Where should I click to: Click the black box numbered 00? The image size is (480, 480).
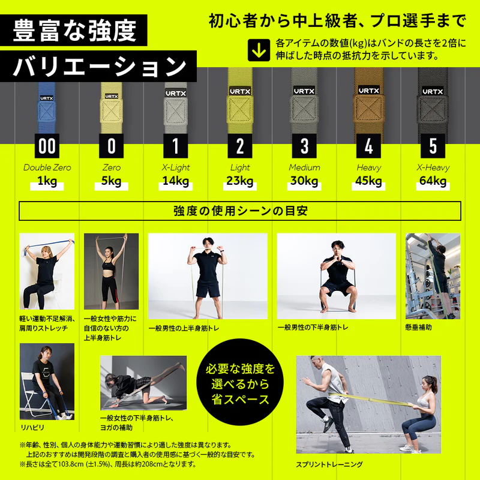tap(46, 146)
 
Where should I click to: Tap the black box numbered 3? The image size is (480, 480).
tap(304, 146)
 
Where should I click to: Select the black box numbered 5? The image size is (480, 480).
tap(433, 146)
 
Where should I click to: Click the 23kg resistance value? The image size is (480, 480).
tap(240, 181)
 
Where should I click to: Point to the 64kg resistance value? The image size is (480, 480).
tap(433, 181)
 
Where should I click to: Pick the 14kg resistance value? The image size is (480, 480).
tap(175, 181)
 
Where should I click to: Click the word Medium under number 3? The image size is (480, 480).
tap(304, 167)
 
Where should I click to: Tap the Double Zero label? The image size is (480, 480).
tap(46, 167)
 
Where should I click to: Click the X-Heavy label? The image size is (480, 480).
tap(433, 167)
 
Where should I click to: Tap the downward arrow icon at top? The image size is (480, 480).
tap(259, 50)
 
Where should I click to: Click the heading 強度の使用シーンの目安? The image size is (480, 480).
tap(240, 211)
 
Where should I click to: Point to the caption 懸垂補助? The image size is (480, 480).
tap(418, 328)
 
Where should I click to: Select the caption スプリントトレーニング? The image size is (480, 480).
tap(329, 464)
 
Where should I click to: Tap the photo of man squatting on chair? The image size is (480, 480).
tap(336, 276)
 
